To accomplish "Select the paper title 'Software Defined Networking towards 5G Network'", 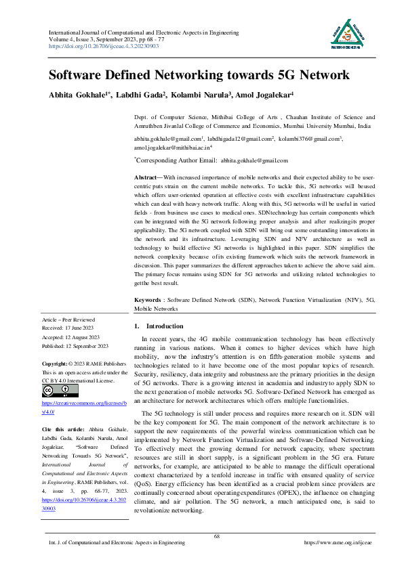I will pyautogui.click(x=199, y=75).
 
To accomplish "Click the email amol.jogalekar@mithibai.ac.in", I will pyautogui.click(x=173, y=146).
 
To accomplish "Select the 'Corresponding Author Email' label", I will pyautogui.click(x=176, y=160).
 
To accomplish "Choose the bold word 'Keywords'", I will pyautogui.click(x=148, y=299).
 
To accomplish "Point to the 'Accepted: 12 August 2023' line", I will pyautogui.click(x=71, y=335).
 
